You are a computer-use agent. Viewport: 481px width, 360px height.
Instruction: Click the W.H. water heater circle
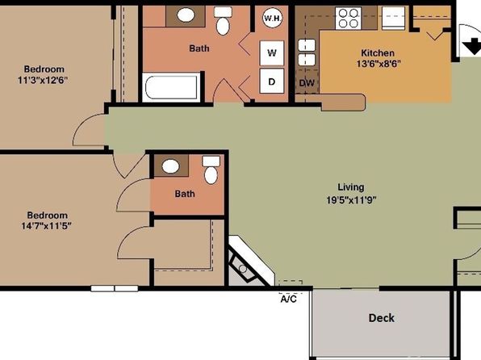(273, 18)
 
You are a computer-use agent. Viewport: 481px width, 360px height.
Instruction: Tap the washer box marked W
(272, 53)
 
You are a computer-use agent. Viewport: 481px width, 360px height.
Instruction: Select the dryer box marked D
(272, 81)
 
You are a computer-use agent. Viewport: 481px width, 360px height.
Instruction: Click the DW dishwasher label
(307, 83)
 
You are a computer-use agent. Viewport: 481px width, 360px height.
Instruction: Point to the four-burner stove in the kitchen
(348, 19)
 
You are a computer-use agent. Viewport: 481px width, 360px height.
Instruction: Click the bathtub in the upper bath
(171, 87)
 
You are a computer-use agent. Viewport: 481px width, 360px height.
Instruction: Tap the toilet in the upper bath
(223, 21)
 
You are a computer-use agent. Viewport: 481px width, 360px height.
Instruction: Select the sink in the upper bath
(186, 15)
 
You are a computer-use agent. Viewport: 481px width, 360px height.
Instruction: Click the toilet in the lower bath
(211, 170)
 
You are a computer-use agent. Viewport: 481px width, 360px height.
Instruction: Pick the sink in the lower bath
(170, 166)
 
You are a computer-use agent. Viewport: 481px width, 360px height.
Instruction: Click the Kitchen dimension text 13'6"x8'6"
(379, 64)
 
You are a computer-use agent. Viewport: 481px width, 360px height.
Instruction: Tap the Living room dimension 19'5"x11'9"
(351, 200)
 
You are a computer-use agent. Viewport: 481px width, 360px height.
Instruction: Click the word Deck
(381, 318)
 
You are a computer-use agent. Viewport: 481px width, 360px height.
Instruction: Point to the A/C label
(289, 299)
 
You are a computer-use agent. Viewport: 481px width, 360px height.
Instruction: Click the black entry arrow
(471, 45)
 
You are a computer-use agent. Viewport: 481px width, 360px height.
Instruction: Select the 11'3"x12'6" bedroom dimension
(43, 81)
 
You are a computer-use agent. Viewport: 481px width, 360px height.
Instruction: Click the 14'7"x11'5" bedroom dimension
(46, 226)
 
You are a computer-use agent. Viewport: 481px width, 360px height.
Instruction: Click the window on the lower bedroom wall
(115, 288)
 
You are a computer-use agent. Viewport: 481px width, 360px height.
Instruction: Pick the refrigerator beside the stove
(394, 19)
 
